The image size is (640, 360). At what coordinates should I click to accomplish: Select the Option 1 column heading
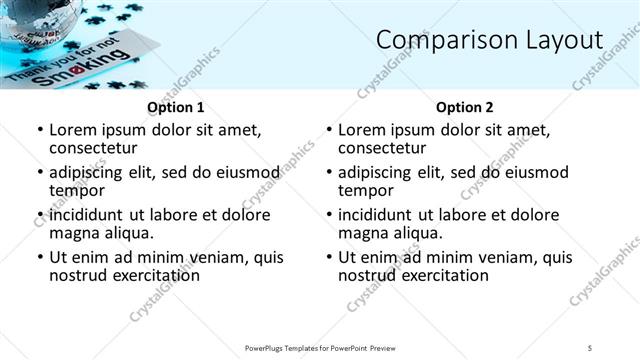pyautogui.click(x=176, y=107)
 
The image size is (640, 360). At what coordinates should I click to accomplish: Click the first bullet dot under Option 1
pyautogui.click(x=39, y=131)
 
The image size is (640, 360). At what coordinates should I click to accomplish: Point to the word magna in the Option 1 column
pyautogui.click(x=71, y=233)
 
